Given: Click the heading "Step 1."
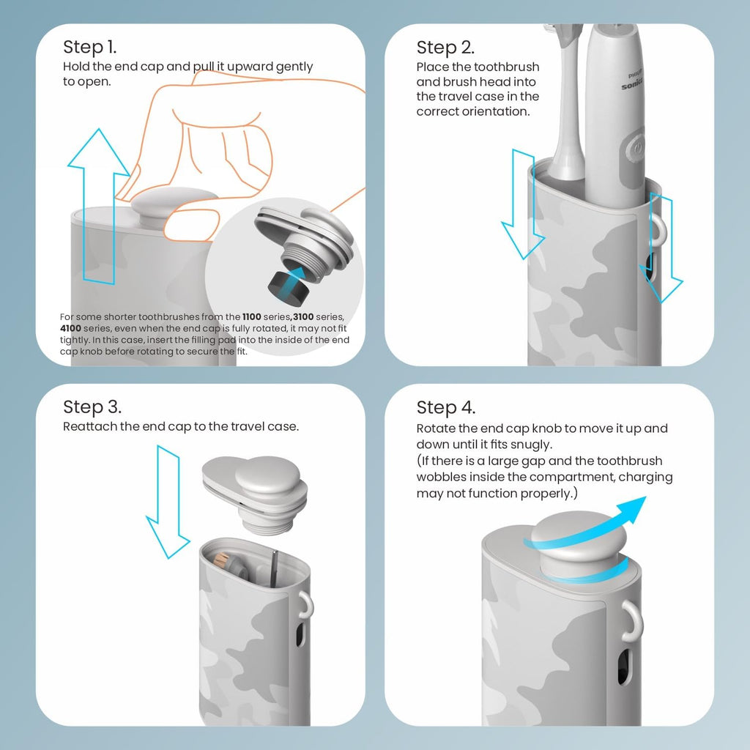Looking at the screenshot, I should point(89,48).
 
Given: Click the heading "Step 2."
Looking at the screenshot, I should point(445,48).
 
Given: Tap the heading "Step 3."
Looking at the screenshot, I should point(92,406).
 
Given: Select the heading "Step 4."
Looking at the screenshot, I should point(446,406).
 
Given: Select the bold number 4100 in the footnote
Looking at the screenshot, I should point(72,328).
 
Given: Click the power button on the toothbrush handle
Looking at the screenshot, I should point(637,146).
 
